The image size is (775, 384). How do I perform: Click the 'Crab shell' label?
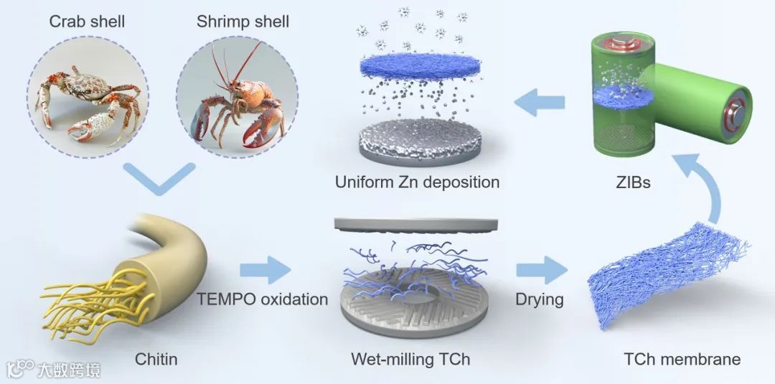[x=87, y=22]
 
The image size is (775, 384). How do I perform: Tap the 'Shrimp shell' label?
[x=243, y=22]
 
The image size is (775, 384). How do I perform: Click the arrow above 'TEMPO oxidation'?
[x=265, y=272]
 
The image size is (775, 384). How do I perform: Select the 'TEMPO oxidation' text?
[x=263, y=298]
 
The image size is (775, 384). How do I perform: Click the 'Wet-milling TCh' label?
[x=410, y=358]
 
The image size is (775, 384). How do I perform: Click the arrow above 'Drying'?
[x=540, y=272]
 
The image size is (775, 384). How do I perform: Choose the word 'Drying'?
[x=539, y=298]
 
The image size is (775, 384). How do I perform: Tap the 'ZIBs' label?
[x=632, y=182]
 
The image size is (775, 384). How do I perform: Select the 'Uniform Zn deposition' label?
[x=417, y=182]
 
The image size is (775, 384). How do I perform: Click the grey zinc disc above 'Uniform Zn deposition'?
[x=417, y=144]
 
